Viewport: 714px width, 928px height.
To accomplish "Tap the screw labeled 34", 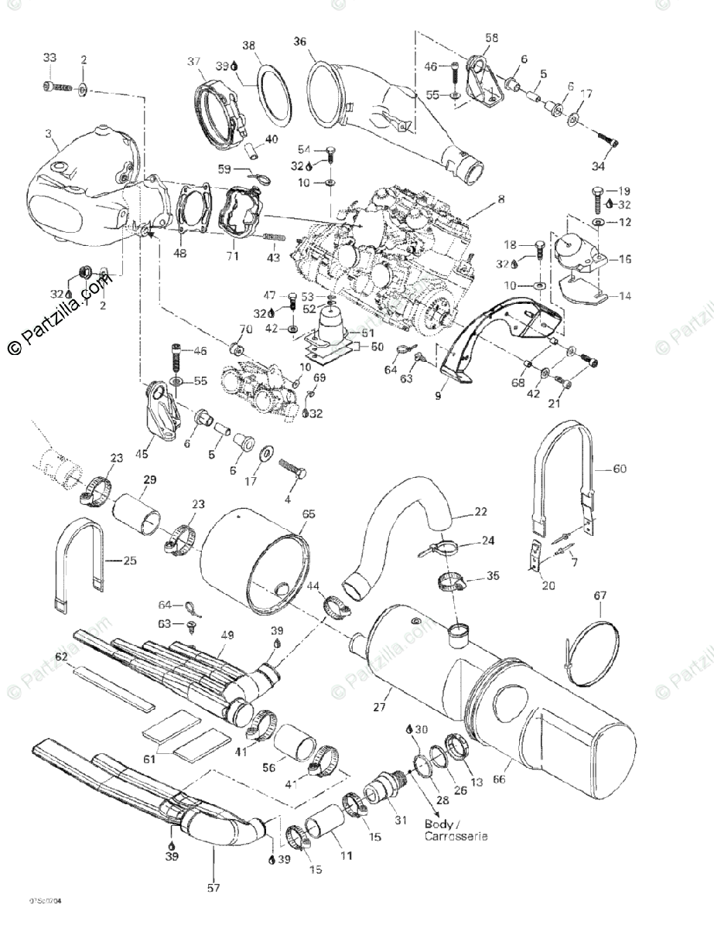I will pyautogui.click(x=608, y=141).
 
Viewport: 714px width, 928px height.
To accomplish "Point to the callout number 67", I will pyautogui.click(x=600, y=595).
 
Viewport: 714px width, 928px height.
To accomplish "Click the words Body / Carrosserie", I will pyautogui.click(x=456, y=830).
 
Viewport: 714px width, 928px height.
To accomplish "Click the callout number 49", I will pyautogui.click(x=227, y=636).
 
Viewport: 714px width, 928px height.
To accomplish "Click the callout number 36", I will pyautogui.click(x=300, y=42).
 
